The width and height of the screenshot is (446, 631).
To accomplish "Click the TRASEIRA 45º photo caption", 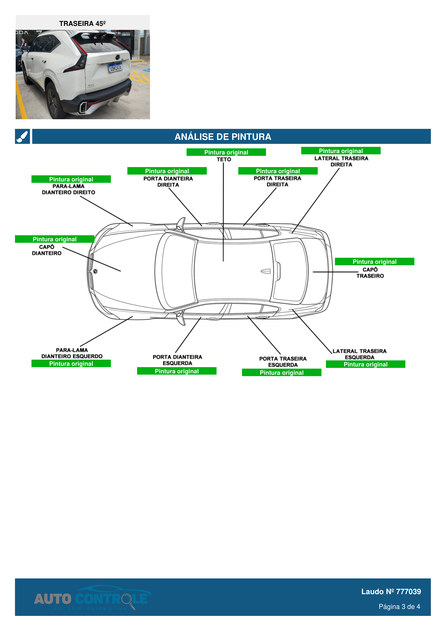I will (82, 24).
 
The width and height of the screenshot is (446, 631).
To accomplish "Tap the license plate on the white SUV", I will (115, 67).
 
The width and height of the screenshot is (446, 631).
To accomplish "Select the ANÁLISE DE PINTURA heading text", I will (223, 137).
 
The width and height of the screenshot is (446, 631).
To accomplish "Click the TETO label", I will (224, 159).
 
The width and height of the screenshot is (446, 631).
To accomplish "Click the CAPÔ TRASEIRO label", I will (370, 273).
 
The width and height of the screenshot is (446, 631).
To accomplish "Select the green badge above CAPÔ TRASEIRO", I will (374, 262).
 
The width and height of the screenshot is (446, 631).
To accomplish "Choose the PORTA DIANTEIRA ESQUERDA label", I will (177, 360).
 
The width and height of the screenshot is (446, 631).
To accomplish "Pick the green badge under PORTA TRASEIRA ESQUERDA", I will (281, 373).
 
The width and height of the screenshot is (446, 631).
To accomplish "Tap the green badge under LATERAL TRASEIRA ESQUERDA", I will (365, 365).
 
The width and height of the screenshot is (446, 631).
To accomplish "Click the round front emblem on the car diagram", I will (95, 271).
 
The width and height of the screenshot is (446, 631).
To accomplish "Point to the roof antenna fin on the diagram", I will (265, 271).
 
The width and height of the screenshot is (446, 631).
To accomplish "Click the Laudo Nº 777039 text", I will (391, 591).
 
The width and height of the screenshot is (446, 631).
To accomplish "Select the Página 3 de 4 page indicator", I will (399, 607).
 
